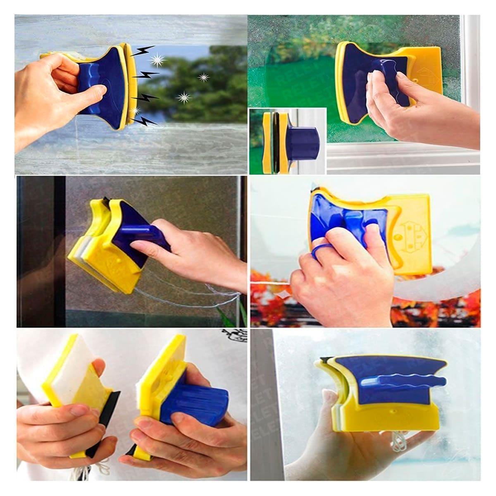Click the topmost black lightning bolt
coord(143,52)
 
